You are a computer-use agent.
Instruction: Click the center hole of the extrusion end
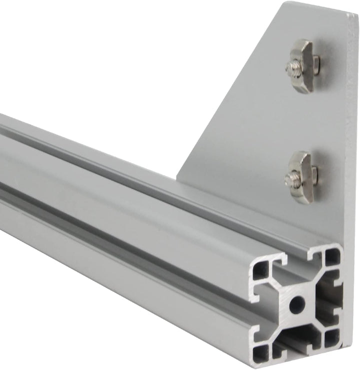296,303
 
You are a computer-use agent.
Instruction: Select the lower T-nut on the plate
302,177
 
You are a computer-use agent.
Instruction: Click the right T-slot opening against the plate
334,297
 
